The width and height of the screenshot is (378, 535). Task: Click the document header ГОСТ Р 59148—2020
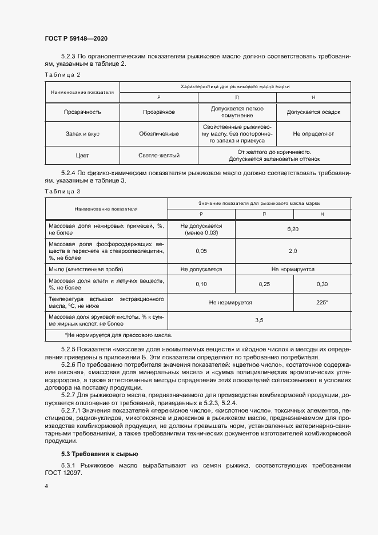[75, 38]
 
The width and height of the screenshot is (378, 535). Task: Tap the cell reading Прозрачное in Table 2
[159, 112]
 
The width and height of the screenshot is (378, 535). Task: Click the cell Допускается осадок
[313, 112]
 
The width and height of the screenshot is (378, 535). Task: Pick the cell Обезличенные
[159, 133]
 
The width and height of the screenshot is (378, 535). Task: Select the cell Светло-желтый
[159, 155]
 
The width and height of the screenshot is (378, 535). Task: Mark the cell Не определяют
[313, 133]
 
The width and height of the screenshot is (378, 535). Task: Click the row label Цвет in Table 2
[82, 155]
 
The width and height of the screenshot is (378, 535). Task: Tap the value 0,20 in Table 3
[292, 229]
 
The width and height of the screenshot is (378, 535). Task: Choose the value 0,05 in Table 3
[201, 251]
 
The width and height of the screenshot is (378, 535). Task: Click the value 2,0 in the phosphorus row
[293, 251]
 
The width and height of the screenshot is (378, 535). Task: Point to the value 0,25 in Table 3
[264, 284]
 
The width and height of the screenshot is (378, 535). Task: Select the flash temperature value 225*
[323, 302]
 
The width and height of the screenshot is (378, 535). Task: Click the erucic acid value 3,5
[258, 320]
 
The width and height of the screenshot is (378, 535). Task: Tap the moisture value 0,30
[323, 284]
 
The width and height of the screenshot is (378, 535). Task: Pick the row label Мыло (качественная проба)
[86, 268]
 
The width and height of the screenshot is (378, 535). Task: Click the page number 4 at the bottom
[46, 485]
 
